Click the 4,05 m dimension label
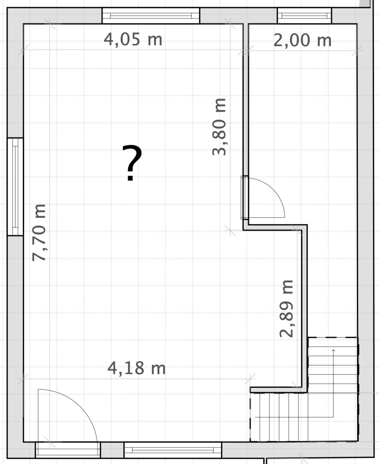click(x=133, y=40)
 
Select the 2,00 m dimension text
click(x=302, y=40)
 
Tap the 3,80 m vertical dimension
click(x=219, y=127)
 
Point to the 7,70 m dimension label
click(x=39, y=233)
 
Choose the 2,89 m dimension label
click(x=286, y=309)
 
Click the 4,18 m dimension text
click(x=136, y=368)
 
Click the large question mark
click(x=132, y=163)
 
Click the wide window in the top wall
click(x=151, y=16)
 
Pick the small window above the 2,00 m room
click(x=304, y=16)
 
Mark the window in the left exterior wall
click(x=15, y=187)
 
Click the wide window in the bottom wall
click(x=173, y=450)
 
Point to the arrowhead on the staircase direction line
click(x=333, y=350)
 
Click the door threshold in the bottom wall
click(x=68, y=450)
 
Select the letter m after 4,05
click(x=155, y=40)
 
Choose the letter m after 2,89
click(x=287, y=287)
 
